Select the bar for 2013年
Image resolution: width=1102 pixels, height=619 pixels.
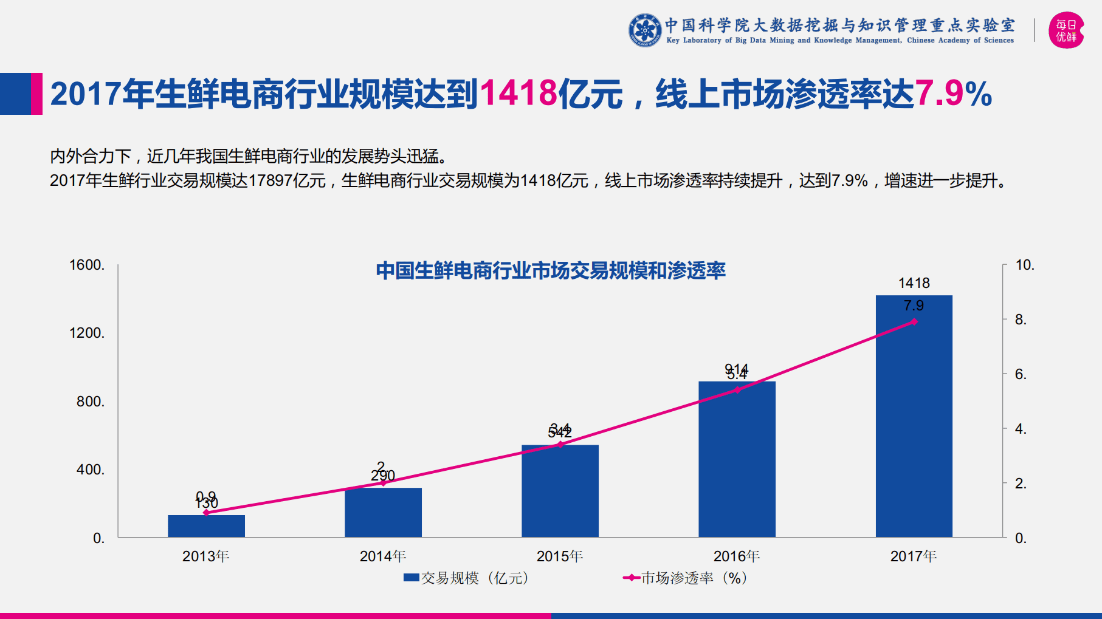click(x=206, y=526)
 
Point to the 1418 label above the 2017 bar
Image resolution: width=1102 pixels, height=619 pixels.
click(x=914, y=283)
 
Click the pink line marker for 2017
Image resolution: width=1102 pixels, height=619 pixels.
click(x=914, y=322)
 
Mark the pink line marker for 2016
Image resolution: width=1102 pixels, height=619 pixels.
click(x=737, y=390)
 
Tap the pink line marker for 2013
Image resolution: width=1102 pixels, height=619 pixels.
click(x=206, y=513)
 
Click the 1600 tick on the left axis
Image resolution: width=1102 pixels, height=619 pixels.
click(x=87, y=265)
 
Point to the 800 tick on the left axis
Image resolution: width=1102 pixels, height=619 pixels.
click(x=91, y=402)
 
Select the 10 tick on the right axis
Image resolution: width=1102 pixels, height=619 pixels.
click(x=1025, y=265)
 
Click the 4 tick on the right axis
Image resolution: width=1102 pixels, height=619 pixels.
click(x=1021, y=429)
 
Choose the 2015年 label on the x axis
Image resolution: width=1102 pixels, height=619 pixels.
click(x=560, y=556)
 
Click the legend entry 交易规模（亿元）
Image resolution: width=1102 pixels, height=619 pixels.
click(x=467, y=578)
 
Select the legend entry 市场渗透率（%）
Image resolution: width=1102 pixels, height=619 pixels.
click(x=686, y=578)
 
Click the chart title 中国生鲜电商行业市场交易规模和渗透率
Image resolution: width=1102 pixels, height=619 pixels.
click(x=551, y=270)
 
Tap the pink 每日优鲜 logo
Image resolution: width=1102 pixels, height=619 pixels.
click(x=1066, y=30)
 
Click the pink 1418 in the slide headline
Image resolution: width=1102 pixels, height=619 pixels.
click(x=518, y=94)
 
